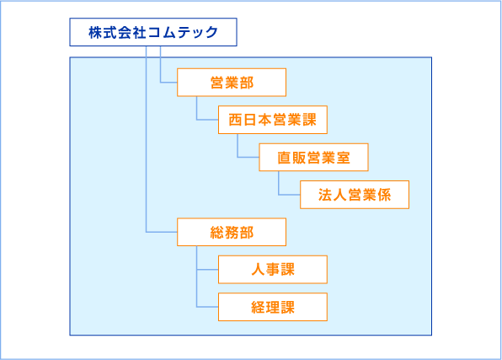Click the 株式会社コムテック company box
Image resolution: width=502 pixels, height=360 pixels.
(x=153, y=32)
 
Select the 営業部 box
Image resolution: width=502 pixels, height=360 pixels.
(x=232, y=83)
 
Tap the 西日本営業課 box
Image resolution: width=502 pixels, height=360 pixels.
(x=273, y=120)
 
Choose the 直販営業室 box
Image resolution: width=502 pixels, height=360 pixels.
(x=313, y=157)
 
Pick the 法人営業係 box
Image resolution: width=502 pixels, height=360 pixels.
(x=355, y=195)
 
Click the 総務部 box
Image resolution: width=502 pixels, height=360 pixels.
(x=232, y=232)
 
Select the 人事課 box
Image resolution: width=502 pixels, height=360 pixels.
(x=273, y=270)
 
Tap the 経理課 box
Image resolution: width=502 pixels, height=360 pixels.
(x=273, y=307)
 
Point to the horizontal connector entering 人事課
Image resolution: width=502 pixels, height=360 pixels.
(x=207, y=270)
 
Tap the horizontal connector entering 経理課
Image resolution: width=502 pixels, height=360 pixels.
(x=207, y=307)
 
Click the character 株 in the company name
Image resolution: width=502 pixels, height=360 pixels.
(x=95, y=32)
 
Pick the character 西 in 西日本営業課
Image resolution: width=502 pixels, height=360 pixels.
(x=235, y=120)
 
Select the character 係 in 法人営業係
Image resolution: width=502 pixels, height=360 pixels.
(x=384, y=195)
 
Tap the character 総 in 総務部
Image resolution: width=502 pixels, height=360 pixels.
(x=217, y=233)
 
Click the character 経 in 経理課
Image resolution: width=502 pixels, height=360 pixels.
(x=258, y=307)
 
